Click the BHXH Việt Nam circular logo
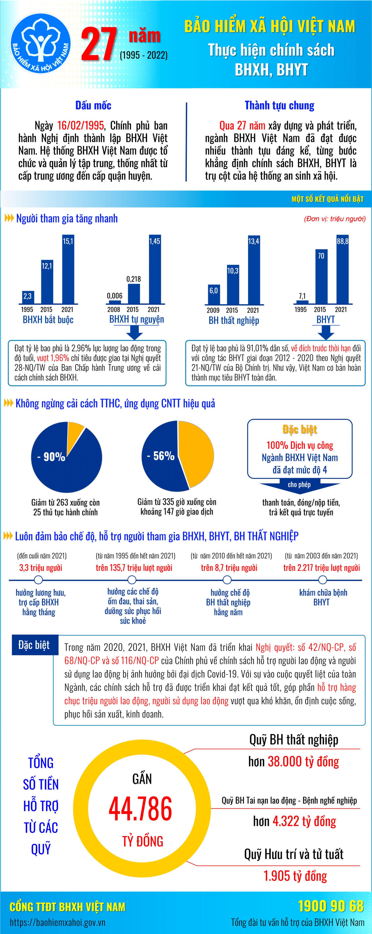pyautogui.click(x=40, y=44)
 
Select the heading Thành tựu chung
pyautogui.click(x=279, y=105)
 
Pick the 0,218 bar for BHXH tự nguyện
pyautogui.click(x=134, y=293)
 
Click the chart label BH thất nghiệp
pyautogui.click(x=233, y=321)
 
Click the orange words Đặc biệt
pyautogui.click(x=299, y=430)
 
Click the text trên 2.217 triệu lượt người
pyautogui.click(x=321, y=567)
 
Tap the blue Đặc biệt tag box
pyautogui.click(x=34, y=645)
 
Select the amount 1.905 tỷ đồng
pyautogui.click(x=295, y=876)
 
